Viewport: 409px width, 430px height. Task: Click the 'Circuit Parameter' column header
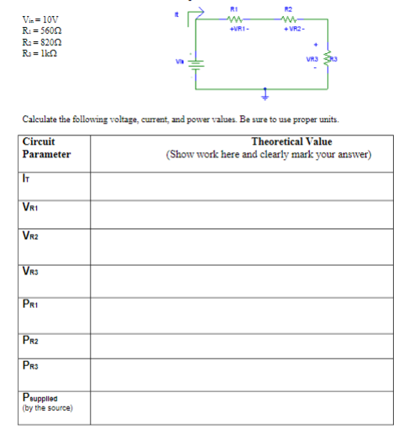[46, 148]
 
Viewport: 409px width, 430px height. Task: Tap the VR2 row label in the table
[32, 238]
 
